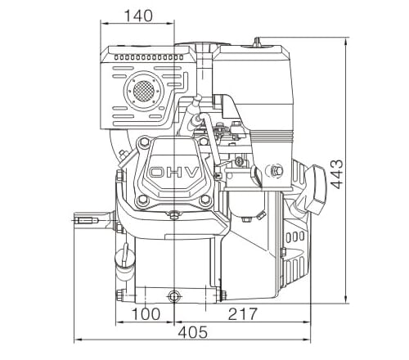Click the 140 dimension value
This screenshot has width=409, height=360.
pyautogui.click(x=138, y=16)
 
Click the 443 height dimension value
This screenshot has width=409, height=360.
pyautogui.click(x=337, y=174)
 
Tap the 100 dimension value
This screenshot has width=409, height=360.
pyautogui.click(x=146, y=314)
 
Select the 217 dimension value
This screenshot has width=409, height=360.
pyautogui.click(x=243, y=314)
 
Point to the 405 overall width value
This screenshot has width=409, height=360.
pyautogui.click(x=193, y=332)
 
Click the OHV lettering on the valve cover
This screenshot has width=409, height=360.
pyautogui.click(x=174, y=173)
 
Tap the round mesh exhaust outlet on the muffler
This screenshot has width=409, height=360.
pyautogui.click(x=144, y=91)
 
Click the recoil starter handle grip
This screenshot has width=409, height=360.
pyautogui.click(x=315, y=189)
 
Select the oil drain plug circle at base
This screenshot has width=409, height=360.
pyautogui.click(x=174, y=295)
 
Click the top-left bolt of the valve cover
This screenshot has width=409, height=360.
pyautogui.click(x=143, y=142)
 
